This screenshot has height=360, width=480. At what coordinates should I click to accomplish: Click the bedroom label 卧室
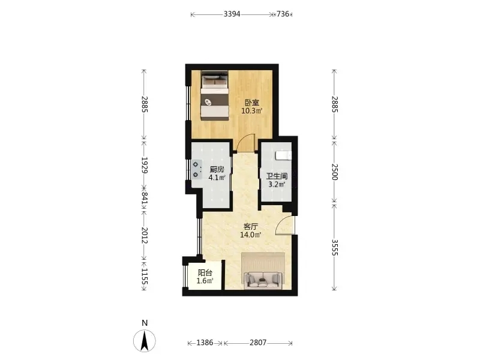click(251, 103)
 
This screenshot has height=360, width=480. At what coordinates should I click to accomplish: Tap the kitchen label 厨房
click(217, 169)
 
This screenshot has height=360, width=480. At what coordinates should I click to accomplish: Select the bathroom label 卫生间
click(277, 176)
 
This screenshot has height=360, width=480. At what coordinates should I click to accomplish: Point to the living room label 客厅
click(250, 227)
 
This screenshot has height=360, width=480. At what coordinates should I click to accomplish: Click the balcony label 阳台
click(205, 273)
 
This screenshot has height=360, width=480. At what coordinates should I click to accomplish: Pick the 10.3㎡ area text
click(251, 111)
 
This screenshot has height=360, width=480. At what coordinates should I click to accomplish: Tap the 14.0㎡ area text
click(250, 235)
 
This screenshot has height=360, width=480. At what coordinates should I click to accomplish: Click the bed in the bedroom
click(215, 95)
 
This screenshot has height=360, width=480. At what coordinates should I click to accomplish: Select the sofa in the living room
click(263, 280)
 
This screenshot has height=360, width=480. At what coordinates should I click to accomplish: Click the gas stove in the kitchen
click(196, 170)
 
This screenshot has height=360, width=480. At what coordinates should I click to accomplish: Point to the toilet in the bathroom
click(283, 155)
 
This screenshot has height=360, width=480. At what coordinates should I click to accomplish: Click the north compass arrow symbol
click(145, 341)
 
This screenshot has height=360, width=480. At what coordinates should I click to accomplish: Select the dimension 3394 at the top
click(232, 14)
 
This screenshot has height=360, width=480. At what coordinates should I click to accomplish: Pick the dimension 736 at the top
click(283, 14)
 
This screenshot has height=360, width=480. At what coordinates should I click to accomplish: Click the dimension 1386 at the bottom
click(205, 343)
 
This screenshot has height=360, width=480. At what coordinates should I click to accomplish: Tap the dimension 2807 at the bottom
click(258, 343)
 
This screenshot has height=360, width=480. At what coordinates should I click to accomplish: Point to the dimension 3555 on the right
click(334, 247)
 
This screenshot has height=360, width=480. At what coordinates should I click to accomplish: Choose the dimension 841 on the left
click(144, 198)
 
